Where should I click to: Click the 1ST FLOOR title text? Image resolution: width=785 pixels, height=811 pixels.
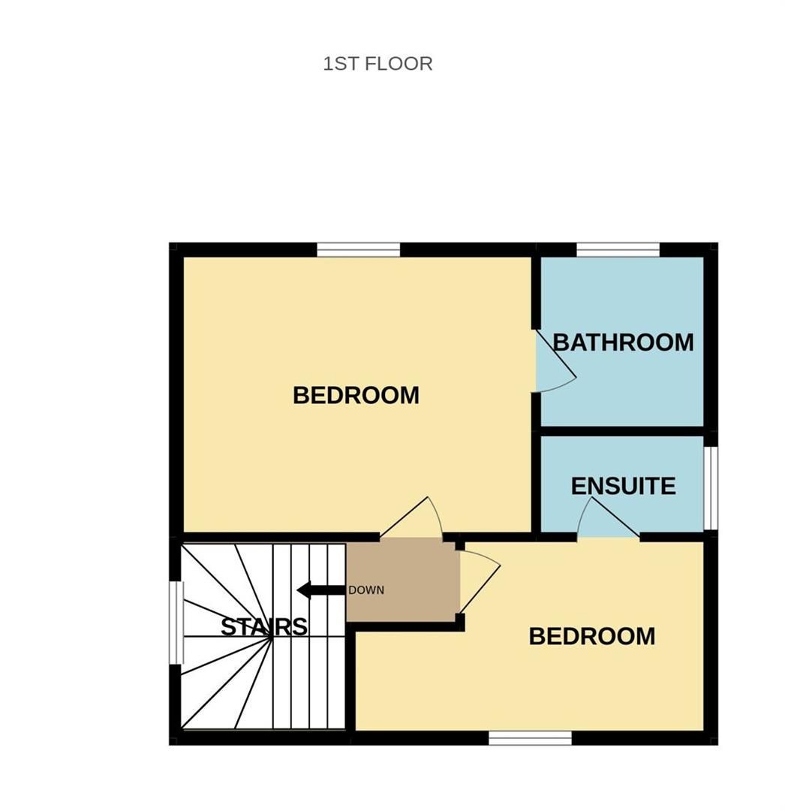tap(377, 64)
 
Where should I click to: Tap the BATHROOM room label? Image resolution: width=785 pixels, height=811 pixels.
tap(623, 342)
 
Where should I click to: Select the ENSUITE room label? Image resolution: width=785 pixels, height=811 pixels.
tap(623, 486)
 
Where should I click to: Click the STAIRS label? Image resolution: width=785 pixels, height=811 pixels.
tap(263, 626)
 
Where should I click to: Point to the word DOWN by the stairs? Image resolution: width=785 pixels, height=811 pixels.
tap(366, 590)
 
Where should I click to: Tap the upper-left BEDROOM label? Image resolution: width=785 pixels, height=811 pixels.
tap(356, 395)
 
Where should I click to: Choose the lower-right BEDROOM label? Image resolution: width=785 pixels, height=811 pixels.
tap(591, 636)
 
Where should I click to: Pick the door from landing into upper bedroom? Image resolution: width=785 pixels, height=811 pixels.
tap(413, 518)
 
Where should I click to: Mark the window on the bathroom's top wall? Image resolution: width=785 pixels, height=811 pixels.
tap(618, 249)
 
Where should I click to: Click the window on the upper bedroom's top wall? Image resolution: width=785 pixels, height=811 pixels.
tap(358, 249)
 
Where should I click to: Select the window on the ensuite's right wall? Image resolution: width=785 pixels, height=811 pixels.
tap(710, 489)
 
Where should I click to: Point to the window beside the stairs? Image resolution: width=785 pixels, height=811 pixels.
tap(176, 623)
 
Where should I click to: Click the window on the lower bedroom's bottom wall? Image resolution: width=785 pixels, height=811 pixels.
tap(530, 738)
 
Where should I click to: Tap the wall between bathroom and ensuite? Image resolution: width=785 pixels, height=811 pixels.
tap(622, 431)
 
